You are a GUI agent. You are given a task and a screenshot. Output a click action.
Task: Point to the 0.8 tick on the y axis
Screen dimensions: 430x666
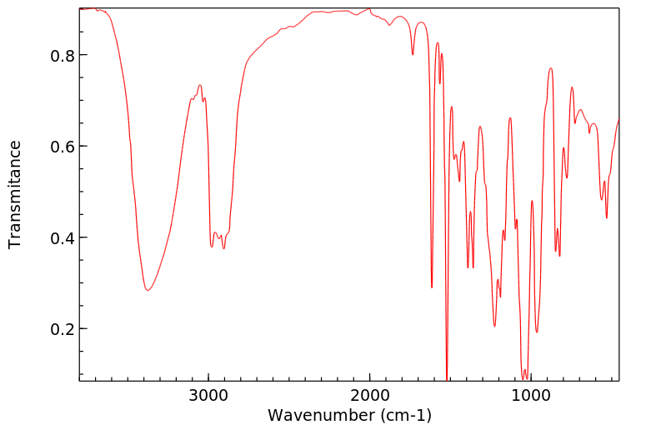point(57,56)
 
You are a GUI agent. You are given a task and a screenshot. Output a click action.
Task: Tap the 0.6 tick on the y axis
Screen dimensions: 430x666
point(57,147)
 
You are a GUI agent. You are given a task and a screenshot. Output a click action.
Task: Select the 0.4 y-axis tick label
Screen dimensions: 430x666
point(57,238)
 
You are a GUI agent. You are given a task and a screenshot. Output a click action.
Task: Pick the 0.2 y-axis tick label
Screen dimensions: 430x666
point(57,329)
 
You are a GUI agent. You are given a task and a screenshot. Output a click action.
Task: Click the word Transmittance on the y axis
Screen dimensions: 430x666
point(15,194)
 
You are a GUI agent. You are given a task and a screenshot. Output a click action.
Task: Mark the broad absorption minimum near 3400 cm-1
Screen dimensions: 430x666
point(147,290)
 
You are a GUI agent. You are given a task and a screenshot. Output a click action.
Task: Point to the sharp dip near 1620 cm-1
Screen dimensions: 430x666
point(432,287)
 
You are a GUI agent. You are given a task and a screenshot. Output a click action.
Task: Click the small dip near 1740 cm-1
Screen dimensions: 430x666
point(413,55)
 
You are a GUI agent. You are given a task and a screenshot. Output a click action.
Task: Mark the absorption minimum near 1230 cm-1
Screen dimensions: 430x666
point(494,326)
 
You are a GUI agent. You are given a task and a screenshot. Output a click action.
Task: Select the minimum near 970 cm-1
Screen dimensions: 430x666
point(537,332)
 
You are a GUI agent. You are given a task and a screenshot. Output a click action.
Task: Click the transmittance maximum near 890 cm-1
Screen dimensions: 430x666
point(551,68)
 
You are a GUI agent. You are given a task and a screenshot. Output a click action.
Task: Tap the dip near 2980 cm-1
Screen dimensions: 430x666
point(212,247)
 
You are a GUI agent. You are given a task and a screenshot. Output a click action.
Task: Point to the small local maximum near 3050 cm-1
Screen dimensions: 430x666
point(200,85)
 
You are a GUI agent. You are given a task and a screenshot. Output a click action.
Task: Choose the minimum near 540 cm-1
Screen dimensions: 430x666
point(607,217)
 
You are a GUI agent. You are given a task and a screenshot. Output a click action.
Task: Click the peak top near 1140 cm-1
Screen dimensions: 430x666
point(510,118)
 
